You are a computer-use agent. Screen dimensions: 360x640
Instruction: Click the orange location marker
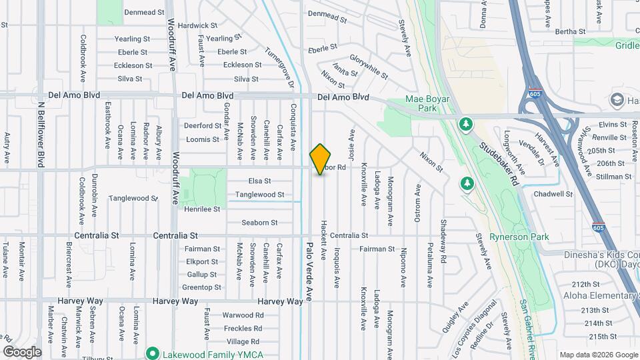pos(321,159)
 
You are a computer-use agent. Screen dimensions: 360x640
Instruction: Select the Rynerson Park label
pos(518,237)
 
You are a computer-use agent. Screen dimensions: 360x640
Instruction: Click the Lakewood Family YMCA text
pos(212,353)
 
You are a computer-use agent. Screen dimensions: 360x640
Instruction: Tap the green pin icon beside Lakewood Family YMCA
pos(152,353)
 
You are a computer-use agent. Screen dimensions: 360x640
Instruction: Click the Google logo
pos(22,351)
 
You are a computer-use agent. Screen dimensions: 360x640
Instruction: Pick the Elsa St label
pos(259,181)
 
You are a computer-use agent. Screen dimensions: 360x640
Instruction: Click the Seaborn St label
pos(259,223)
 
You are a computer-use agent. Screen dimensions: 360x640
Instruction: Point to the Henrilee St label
pos(203,209)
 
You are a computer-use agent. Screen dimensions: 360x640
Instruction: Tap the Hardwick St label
pos(193,25)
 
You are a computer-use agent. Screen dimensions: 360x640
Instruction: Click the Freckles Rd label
pos(242,328)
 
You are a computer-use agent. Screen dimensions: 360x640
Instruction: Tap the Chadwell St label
pos(553,194)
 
